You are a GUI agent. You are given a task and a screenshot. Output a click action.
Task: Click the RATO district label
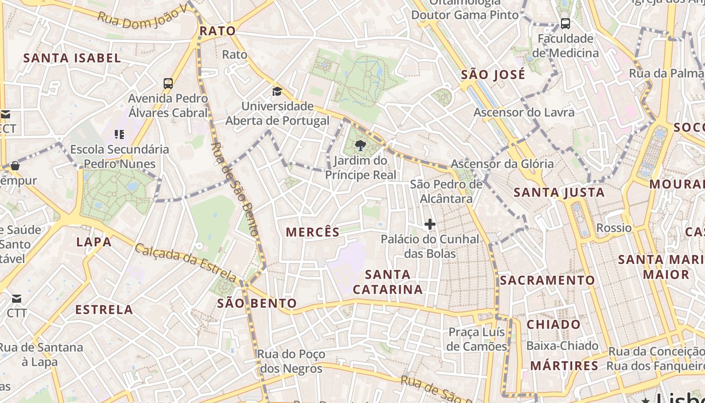pos(218,31)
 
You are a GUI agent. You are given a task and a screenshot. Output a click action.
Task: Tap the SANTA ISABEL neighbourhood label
pos(72,58)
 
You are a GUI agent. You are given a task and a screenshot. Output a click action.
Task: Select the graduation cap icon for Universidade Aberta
pos(277,91)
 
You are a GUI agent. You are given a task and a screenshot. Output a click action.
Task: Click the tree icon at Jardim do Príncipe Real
pos(360,146)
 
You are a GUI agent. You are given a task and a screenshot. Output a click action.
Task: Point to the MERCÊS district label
pos(313,232)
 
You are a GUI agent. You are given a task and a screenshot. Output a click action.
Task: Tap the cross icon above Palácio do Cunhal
pos(430,224)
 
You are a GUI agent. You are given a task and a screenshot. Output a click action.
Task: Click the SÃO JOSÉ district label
pos(493,75)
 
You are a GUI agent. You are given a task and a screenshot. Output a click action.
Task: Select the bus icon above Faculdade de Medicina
pos(566,23)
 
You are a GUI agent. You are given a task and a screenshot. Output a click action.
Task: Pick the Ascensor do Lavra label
pos(524,112)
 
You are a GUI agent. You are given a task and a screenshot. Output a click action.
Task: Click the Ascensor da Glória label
pos(502,164)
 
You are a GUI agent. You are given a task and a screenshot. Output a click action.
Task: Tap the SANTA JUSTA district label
pos(559,192)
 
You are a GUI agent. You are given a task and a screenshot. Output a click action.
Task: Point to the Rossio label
pos(613,228)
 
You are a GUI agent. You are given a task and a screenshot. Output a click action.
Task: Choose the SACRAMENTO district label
pos(547,281)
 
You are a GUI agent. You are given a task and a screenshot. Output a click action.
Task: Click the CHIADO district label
pos(553,324)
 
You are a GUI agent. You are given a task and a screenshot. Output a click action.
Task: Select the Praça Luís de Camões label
pos(476,340)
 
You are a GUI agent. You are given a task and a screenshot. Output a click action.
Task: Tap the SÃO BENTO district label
pos(257,303)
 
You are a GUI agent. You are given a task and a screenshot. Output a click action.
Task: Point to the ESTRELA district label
pos(104,310)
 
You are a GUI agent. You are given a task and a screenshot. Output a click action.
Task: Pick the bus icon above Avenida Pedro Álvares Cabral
pos(168,83)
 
